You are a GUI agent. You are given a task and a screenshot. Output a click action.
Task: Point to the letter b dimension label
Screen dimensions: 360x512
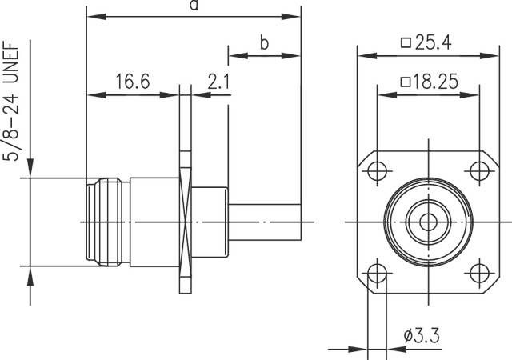point(264,43)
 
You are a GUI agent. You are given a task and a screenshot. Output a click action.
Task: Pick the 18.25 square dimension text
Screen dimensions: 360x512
point(428,81)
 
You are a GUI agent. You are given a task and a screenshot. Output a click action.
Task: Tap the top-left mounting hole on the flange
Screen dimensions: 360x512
point(375,170)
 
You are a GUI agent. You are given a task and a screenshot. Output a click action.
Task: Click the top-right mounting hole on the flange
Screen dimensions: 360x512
point(478,170)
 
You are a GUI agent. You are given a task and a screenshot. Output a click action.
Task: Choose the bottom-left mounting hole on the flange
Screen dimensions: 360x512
point(375,272)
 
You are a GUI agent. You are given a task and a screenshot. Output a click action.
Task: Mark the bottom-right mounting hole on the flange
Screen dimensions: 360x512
point(478,272)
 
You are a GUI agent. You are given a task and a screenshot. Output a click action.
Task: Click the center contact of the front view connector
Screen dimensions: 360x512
point(426,222)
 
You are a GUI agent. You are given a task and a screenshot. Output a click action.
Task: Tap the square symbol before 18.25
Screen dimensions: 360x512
point(404,82)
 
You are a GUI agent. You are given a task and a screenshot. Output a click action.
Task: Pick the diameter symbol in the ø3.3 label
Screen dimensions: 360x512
point(408,334)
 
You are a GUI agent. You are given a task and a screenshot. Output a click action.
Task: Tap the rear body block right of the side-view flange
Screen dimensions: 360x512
point(212,222)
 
